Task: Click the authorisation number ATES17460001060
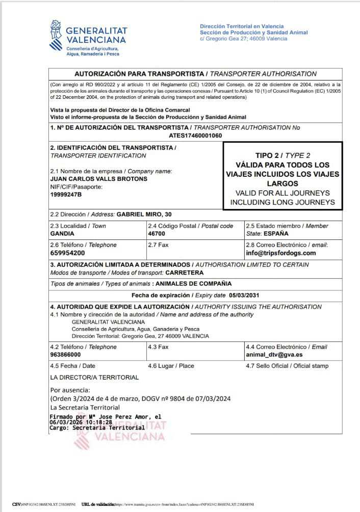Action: (x=195, y=136)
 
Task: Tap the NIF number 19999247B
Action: (x=66, y=195)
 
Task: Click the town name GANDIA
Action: (x=62, y=233)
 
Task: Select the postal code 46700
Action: (x=157, y=233)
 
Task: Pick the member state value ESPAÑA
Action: (x=275, y=233)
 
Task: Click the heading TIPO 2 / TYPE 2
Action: (x=282, y=155)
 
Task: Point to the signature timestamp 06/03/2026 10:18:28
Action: (x=81, y=422)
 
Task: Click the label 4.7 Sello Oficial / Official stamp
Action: (x=287, y=366)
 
